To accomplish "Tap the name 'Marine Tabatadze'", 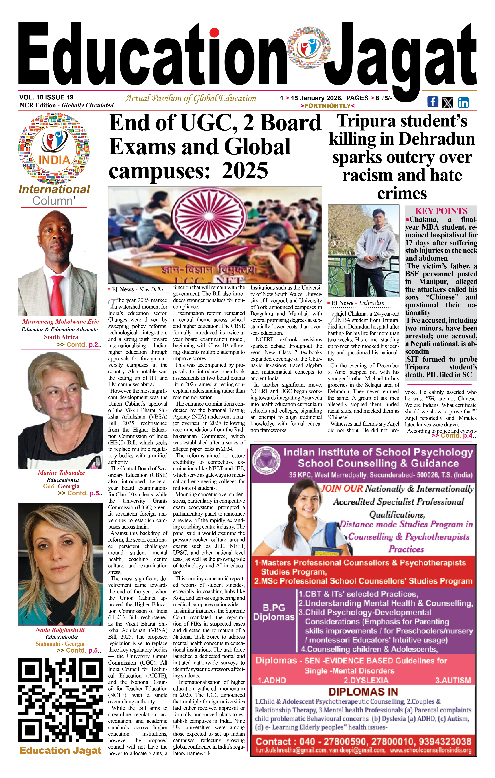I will pos(61,473).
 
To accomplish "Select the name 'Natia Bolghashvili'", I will pos(60,630).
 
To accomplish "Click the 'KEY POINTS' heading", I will pos(441,211).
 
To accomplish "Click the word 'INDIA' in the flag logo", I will pos(54,160).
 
